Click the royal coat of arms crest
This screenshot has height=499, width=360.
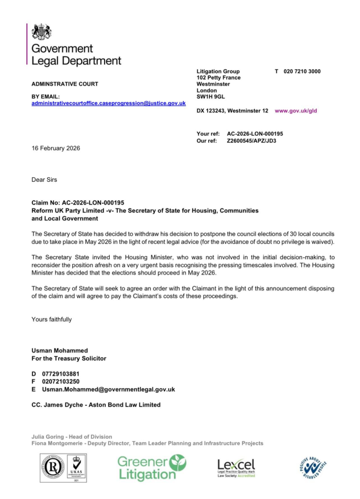pos(42,31)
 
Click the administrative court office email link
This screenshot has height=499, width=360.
pos(109,103)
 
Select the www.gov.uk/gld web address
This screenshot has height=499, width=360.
pos(296,111)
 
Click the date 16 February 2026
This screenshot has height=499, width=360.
pos(56,148)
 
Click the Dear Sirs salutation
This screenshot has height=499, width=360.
pos(44,180)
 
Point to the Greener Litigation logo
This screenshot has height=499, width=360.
pos(151,467)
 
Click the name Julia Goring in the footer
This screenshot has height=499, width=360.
pos(49,436)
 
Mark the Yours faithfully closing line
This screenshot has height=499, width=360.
pos(52,319)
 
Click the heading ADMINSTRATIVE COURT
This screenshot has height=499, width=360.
pos(65,84)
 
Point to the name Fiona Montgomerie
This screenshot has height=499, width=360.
pos(61,443)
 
